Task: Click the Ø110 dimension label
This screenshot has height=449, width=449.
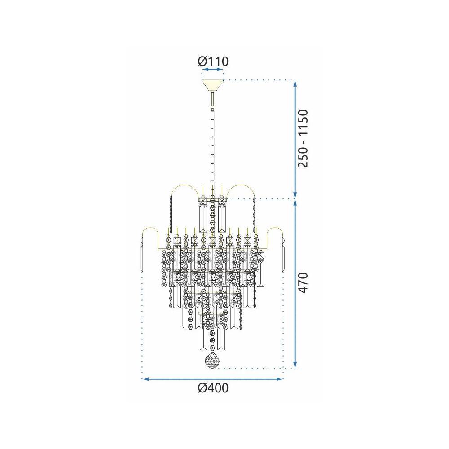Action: (213, 61)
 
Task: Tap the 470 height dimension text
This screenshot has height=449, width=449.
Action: (304, 283)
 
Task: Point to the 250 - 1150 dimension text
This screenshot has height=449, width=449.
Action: (304, 138)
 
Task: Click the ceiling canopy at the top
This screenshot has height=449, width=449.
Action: (212, 84)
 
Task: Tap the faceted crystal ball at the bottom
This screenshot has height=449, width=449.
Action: (212, 361)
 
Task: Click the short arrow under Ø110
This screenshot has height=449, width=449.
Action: (212, 70)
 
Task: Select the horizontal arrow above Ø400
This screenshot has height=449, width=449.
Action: (212, 379)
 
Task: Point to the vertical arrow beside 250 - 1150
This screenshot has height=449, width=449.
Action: (295, 139)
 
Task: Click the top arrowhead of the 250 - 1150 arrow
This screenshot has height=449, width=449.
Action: (295, 83)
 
